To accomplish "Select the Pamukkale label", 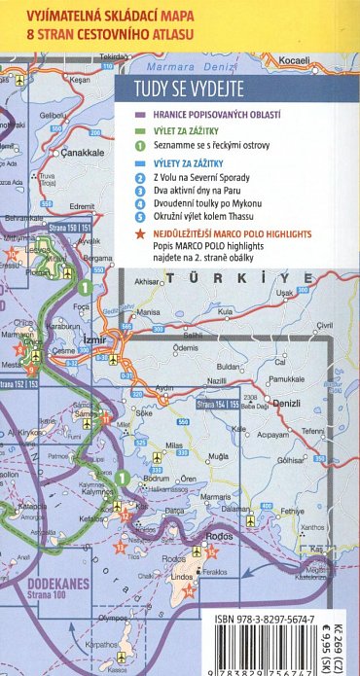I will coord(285,378).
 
